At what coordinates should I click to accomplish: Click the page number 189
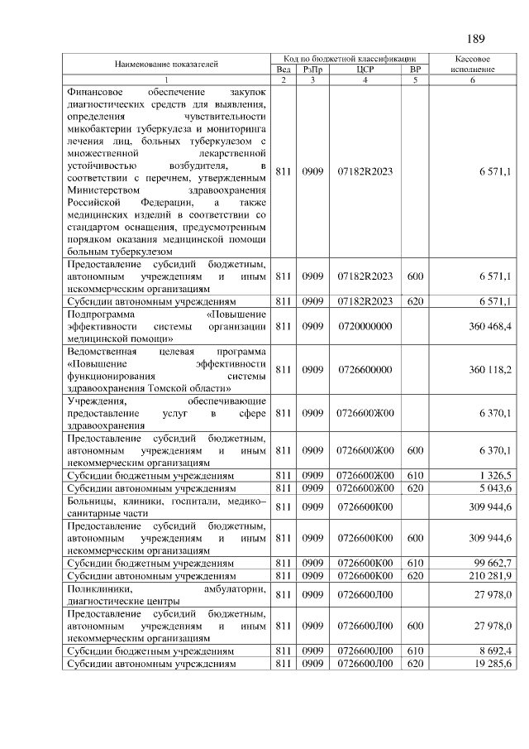pyautogui.click(x=475, y=38)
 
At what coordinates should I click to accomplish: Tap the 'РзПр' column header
pyautogui.click(x=312, y=70)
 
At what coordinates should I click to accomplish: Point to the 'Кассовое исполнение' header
pyautogui.click(x=474, y=65)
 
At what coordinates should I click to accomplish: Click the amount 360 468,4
pyautogui.click(x=490, y=327)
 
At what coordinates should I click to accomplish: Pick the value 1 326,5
pyautogui.click(x=495, y=477)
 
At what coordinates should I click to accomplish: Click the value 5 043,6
pyautogui.click(x=495, y=489)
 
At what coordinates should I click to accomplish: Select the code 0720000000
pyautogui.click(x=365, y=327)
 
